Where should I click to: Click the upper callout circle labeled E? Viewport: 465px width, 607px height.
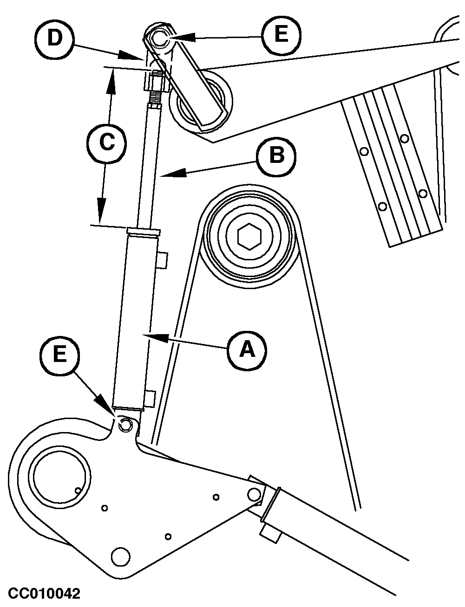point(281,35)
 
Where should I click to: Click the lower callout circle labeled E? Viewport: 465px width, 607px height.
point(59,355)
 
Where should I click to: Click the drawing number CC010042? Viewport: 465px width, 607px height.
point(45,594)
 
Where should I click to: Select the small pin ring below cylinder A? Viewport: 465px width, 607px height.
point(125,424)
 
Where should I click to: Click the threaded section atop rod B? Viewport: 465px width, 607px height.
point(155,97)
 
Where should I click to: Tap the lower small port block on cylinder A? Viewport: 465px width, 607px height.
point(149,399)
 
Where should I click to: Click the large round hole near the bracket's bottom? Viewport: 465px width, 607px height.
point(120,554)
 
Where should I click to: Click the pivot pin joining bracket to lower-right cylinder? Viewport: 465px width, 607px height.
point(254,493)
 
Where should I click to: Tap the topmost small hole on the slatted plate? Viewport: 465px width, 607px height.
point(405,138)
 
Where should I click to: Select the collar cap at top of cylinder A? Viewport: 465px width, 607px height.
point(143,231)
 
